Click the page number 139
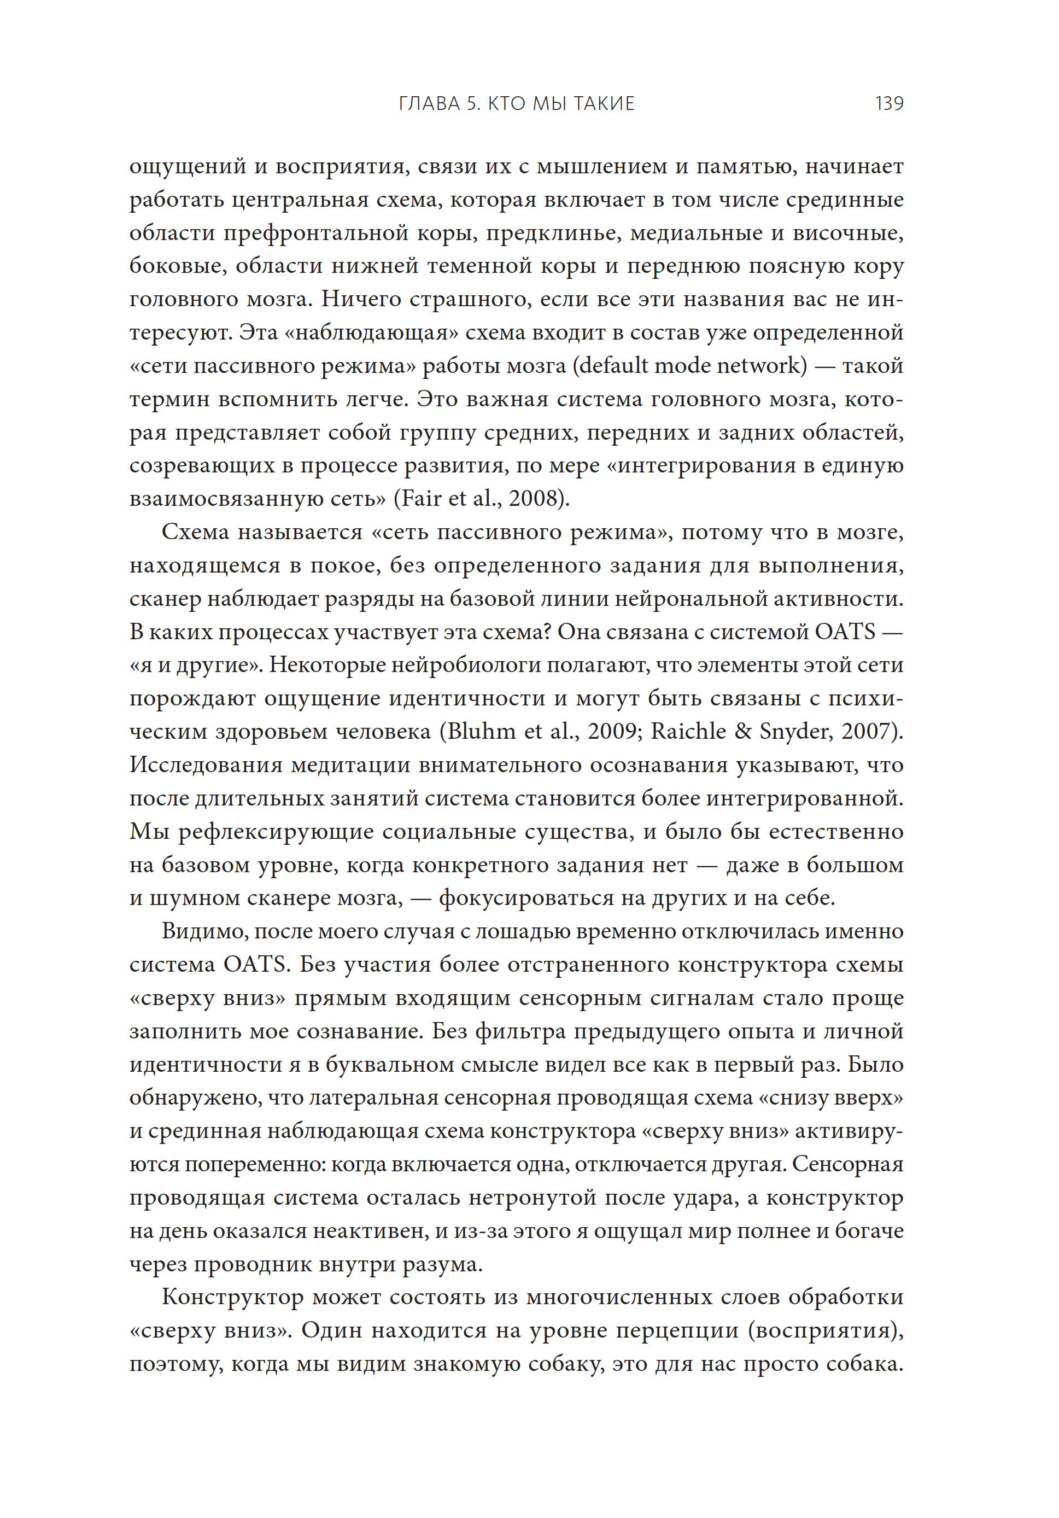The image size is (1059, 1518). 889,104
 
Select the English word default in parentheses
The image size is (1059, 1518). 611,366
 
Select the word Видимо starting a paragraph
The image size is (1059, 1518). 203,932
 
